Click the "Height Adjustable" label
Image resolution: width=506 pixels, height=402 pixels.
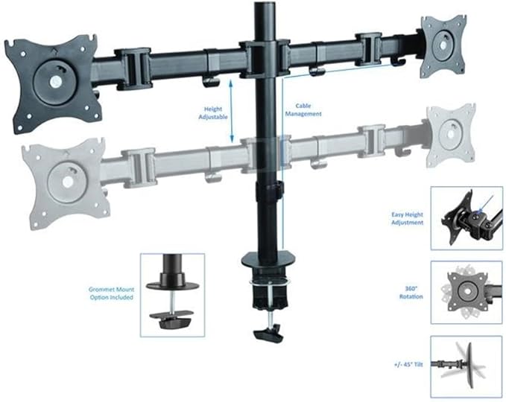point(213,113)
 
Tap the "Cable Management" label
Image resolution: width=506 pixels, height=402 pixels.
point(303,110)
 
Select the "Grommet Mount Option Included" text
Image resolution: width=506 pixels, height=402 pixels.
point(111,293)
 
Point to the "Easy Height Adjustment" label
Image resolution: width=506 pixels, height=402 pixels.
point(407,219)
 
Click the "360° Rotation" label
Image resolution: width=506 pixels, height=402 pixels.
point(411,293)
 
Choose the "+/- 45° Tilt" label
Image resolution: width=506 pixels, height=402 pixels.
point(408,365)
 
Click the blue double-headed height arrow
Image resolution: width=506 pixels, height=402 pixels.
point(231,111)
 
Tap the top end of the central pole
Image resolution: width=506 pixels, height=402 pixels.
point(265,3)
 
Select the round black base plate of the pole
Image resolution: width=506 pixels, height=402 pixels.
point(268,260)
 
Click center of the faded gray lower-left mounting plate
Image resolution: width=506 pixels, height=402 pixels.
point(67,182)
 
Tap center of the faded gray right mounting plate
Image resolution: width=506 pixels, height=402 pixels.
point(451,135)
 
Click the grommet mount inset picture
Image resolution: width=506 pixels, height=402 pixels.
point(172,295)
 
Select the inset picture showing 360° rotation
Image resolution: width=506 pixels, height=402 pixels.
point(467,292)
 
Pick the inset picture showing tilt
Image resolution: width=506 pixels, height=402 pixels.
point(467,366)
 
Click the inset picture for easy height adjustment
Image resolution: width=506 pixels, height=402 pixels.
point(467,218)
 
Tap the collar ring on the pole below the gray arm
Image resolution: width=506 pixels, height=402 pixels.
point(268,191)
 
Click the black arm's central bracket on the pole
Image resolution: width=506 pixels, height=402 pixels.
point(265,59)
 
